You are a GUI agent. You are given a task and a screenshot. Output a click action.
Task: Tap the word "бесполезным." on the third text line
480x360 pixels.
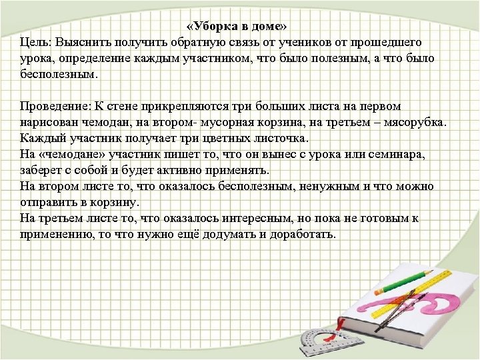coord(59,75)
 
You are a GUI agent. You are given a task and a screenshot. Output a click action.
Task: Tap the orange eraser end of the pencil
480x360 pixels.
coord(379,291)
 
